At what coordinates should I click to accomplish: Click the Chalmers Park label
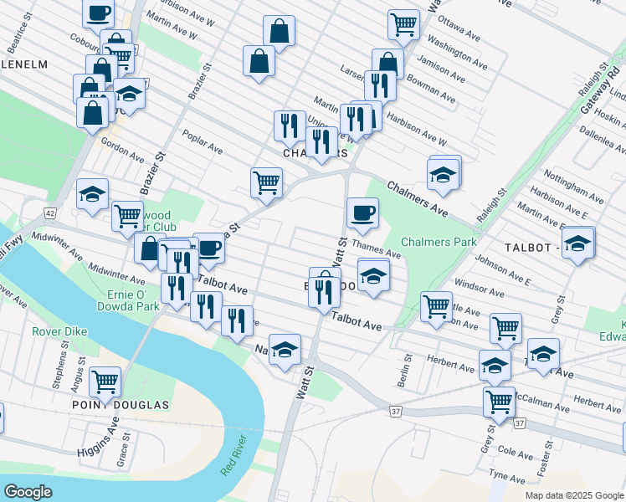438,242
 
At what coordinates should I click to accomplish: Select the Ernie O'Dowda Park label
133,300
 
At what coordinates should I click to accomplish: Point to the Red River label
235,458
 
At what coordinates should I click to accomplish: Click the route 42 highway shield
51,213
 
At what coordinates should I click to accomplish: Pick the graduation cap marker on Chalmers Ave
444,175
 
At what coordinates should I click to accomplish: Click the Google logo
28,491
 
